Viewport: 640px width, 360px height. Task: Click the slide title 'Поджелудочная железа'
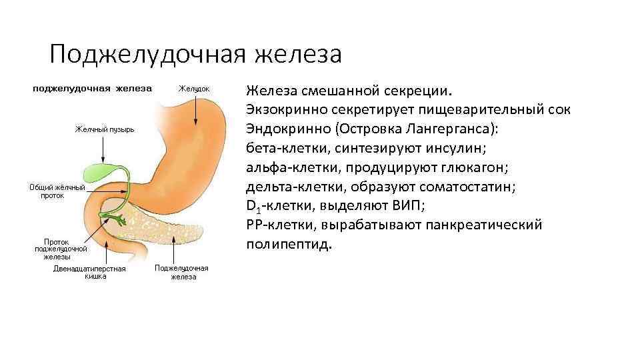pyautogui.click(x=195, y=53)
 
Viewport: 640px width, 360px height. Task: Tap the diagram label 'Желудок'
pyautogui.click(x=194, y=89)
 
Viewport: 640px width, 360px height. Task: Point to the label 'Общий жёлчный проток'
pyautogui.click(x=57, y=192)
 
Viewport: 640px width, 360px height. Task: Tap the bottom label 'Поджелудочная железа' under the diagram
pyautogui.click(x=181, y=272)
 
